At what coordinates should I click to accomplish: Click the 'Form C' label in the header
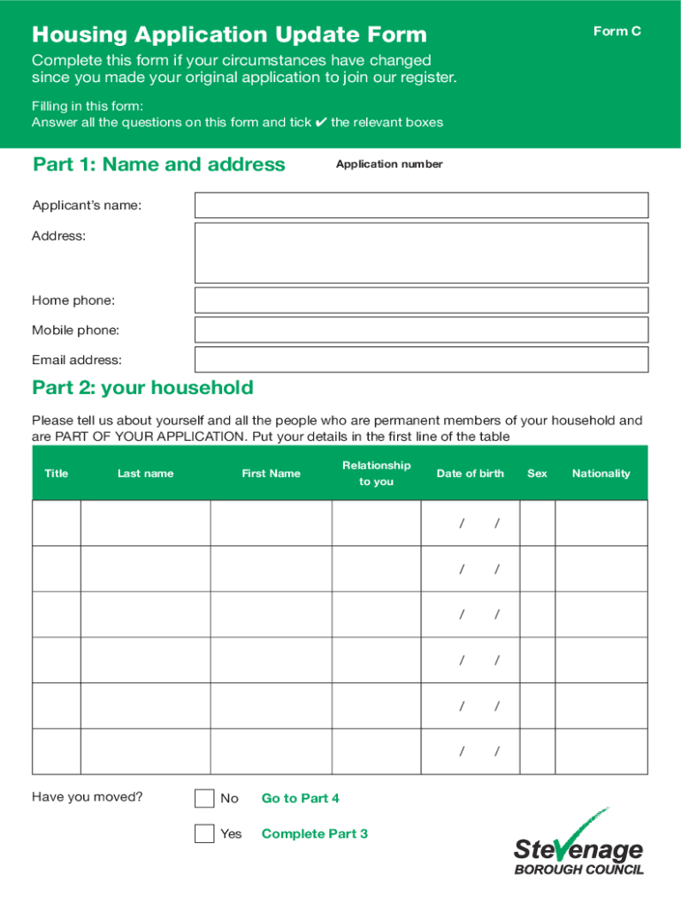pyautogui.click(x=616, y=32)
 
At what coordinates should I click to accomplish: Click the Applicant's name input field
pyautogui.click(x=421, y=205)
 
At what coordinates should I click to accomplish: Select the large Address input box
pyautogui.click(x=421, y=252)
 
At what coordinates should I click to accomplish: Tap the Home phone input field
pyautogui.click(x=421, y=300)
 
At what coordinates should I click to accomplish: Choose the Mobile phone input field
pyautogui.click(x=421, y=330)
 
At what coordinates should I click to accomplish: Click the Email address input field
pyautogui.click(x=421, y=360)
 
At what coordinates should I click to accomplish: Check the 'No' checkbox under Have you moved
pyautogui.click(x=204, y=798)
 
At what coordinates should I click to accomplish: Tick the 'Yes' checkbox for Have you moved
pyautogui.click(x=204, y=833)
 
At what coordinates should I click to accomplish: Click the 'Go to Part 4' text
pyautogui.click(x=300, y=798)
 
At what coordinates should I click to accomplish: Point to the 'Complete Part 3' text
pyautogui.click(x=314, y=833)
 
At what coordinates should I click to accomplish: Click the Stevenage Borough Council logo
pyautogui.click(x=578, y=843)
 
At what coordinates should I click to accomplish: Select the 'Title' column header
pyautogui.click(x=56, y=474)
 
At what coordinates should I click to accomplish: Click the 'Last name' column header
pyautogui.click(x=145, y=474)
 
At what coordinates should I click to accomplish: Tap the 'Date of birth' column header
pyautogui.click(x=470, y=474)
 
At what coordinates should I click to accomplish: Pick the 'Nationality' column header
pyautogui.click(x=601, y=474)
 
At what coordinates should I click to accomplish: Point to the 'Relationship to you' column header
pyautogui.click(x=376, y=473)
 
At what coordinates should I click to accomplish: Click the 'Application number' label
pyautogui.click(x=389, y=164)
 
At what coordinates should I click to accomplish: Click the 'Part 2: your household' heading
pyautogui.click(x=142, y=388)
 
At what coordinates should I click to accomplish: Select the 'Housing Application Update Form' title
pyautogui.click(x=229, y=35)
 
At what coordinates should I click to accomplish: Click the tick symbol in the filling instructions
pyautogui.click(x=320, y=123)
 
